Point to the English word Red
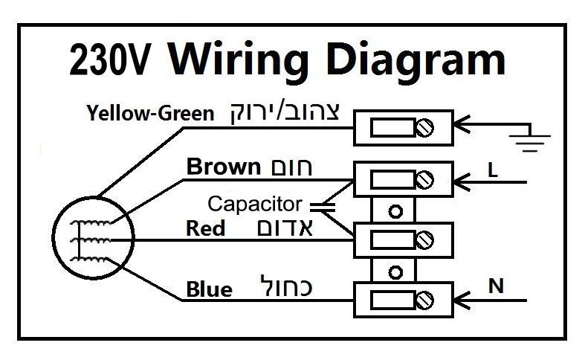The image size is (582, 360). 205,228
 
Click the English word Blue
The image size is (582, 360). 210,289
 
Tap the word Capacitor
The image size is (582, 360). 255,203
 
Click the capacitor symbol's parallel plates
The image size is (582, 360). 321,202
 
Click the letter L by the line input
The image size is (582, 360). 492,170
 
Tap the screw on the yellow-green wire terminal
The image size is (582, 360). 426,128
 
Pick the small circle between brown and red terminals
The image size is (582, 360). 396,210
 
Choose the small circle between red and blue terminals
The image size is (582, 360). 396,271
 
